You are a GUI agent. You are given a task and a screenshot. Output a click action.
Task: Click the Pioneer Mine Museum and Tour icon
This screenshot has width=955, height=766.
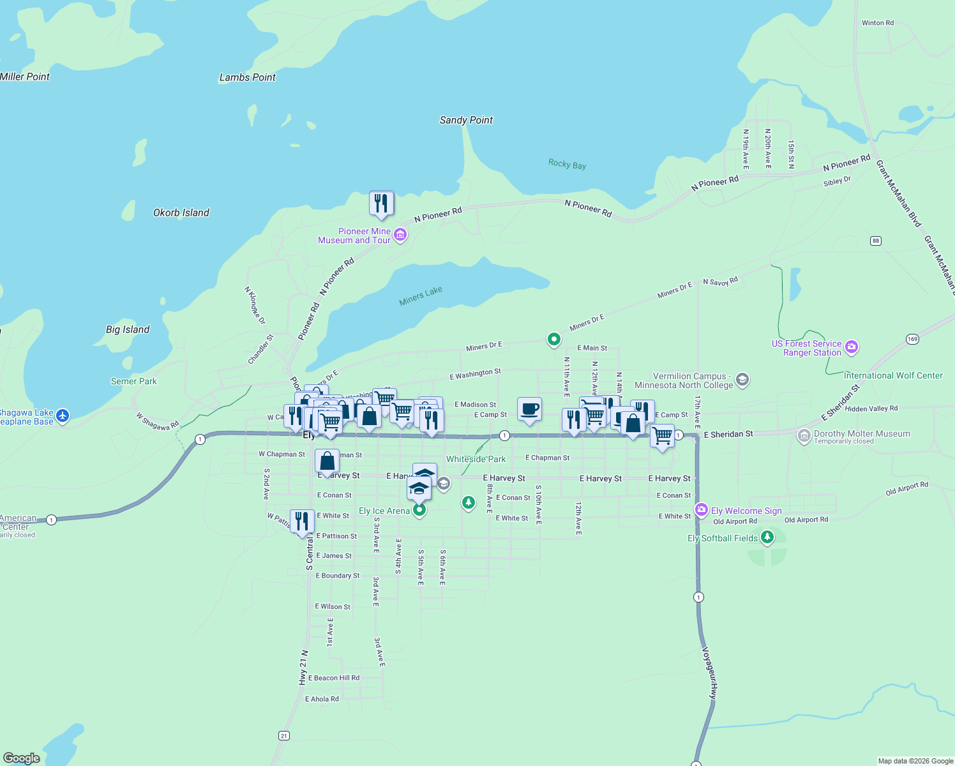coord(400,235)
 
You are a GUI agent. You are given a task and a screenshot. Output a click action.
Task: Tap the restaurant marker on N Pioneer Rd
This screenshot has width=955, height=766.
coord(381,203)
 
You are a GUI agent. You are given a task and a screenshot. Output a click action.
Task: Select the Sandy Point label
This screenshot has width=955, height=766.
coord(466,120)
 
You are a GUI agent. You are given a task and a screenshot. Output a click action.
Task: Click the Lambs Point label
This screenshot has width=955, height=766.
coord(247,77)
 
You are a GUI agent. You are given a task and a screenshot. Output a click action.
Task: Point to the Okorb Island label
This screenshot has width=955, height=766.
coord(181,213)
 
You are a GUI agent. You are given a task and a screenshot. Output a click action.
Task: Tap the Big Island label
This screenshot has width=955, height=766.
coord(128,329)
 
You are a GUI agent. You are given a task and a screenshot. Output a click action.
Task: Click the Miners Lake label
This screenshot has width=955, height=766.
coord(421,296)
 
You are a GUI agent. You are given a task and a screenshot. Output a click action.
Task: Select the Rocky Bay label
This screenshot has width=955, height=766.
coord(567,164)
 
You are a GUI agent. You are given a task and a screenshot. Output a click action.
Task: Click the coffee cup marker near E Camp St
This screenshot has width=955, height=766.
coord(529,409)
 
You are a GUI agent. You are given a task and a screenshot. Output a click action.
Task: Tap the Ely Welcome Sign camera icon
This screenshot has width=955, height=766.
coord(702,509)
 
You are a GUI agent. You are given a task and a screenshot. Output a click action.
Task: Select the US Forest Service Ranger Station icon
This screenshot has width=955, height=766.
coord(851,347)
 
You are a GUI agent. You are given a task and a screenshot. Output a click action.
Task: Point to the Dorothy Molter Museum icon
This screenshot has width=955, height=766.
coord(804,436)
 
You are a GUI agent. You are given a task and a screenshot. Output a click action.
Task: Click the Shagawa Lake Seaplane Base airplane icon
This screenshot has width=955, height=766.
coord(62,416)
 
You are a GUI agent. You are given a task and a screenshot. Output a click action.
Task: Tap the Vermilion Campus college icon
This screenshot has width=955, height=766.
coord(742,380)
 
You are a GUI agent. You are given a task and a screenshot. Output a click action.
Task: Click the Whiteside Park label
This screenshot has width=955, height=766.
coord(476,459)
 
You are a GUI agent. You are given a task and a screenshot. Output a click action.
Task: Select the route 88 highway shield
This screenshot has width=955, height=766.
coord(875,241)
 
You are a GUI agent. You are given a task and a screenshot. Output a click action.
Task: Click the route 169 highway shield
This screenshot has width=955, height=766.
coord(912,339)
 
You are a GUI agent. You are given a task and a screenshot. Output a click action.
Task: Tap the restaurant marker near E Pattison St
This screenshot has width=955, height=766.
coord(302,521)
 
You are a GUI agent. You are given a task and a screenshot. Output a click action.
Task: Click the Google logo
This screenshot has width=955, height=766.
coord(22,758)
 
